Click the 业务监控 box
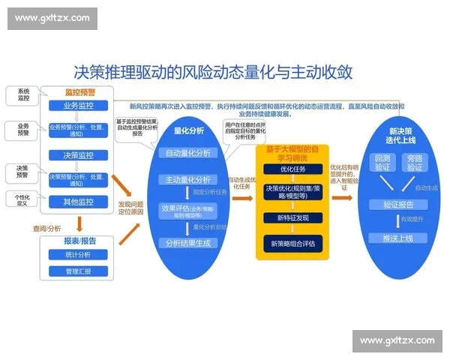79,106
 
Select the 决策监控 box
79,155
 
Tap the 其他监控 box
79,202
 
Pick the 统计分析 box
78,255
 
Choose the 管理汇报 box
78,271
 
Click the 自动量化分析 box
188,153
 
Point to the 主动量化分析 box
188,180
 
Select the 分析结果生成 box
188,243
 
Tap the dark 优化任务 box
293,168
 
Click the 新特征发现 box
293,217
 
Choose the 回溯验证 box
382,162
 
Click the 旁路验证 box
415,162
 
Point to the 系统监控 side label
23,94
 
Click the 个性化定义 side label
22,200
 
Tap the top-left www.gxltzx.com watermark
52,18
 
